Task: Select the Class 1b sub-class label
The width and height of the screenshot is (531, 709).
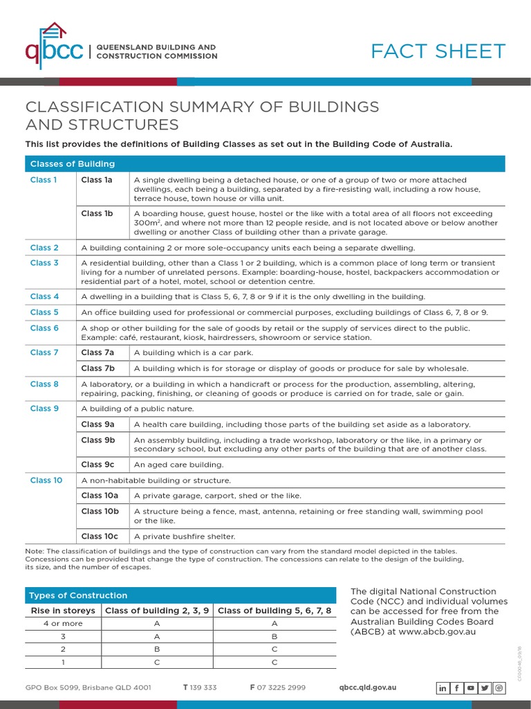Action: pos(97,214)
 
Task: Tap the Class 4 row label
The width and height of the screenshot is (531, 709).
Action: pos(44,296)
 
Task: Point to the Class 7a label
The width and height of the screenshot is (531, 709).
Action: pos(97,352)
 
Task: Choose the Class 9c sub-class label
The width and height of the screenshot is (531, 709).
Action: pos(97,465)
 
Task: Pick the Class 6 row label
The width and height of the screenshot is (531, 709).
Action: pos(44,328)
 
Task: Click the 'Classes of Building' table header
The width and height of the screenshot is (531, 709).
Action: pos(72,164)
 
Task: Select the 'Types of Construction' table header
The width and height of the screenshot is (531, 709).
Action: pos(78,595)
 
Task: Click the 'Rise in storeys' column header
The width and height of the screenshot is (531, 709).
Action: pos(63,611)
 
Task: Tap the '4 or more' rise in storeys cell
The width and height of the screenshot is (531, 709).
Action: pos(63,624)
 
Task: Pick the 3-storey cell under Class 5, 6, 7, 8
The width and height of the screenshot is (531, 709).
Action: pos(274,636)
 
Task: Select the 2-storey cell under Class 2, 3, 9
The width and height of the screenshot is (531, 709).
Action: pos(157,649)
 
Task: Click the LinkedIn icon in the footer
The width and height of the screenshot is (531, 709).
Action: pos(443,688)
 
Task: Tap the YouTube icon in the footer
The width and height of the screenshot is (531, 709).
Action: pos(471,688)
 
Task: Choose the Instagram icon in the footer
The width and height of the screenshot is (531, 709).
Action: pos(499,688)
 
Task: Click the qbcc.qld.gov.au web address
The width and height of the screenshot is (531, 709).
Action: pos(368,688)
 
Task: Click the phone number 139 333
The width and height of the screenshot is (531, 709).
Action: pos(203,688)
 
